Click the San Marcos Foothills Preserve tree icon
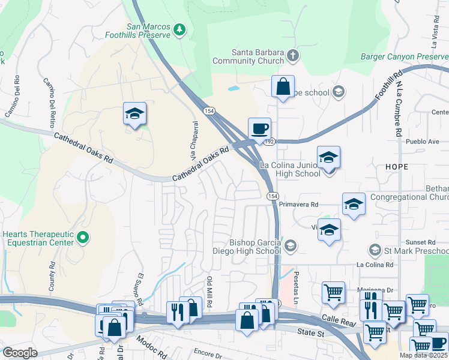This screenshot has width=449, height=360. (x=179, y=30)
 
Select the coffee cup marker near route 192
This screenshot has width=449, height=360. (x=259, y=129)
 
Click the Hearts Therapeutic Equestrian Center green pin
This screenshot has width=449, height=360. (x=83, y=238)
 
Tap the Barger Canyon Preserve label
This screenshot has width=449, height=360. (x=404, y=56)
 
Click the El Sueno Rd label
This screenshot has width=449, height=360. (x=142, y=289)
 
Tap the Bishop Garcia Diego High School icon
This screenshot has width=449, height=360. (x=291, y=245)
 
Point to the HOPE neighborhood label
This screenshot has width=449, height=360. (x=393, y=166)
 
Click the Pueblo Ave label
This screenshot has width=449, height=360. (x=423, y=142)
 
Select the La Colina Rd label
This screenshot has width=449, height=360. (x=375, y=264)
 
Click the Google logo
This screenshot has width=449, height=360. (x=19, y=353)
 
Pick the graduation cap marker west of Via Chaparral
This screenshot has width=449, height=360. (x=135, y=113)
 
